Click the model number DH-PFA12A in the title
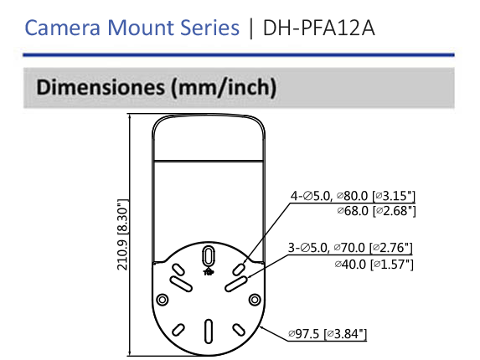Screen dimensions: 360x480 tap(319, 28)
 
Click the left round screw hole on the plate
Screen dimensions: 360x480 tap(163, 299)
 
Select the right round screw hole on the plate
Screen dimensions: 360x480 tap(254, 299)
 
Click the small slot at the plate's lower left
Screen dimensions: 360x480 tap(178, 330)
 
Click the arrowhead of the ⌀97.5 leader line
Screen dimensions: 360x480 tap(262, 327)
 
